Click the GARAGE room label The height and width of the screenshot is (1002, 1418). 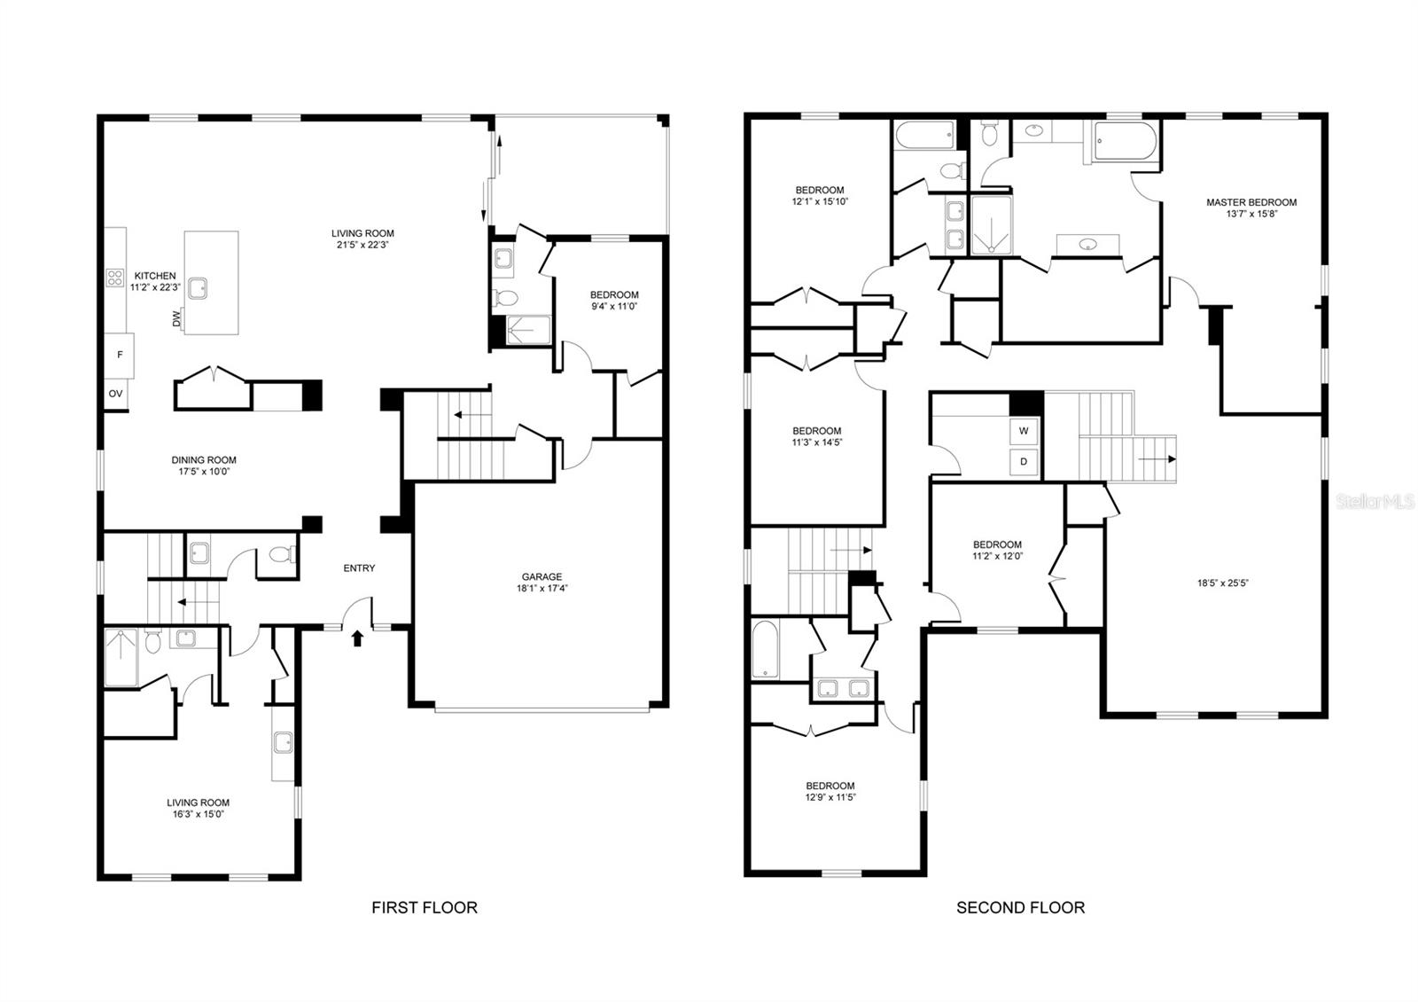[541, 577]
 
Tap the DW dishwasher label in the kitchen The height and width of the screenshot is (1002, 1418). [176, 317]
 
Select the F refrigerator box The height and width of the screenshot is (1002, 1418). [120, 355]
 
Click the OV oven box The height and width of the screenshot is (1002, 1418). [115, 394]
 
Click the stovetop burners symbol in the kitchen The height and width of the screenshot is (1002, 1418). [115, 278]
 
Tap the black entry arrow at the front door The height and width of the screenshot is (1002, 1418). [357, 638]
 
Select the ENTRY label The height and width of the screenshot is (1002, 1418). [359, 568]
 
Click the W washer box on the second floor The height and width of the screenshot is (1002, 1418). [1024, 431]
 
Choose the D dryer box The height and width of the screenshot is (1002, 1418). [1024, 461]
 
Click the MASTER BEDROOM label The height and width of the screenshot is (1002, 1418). [1250, 202]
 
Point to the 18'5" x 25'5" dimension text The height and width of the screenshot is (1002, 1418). [1223, 583]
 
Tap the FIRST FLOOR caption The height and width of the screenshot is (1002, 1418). [424, 907]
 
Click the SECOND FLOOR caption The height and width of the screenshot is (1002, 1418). [1020, 907]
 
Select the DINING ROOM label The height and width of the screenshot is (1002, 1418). [204, 460]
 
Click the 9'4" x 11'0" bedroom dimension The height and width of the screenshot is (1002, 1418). [614, 307]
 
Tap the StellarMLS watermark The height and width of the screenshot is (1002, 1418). [1375, 502]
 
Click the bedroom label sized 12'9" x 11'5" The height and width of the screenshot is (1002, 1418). [830, 786]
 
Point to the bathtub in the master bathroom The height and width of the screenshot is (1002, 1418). [1124, 141]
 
